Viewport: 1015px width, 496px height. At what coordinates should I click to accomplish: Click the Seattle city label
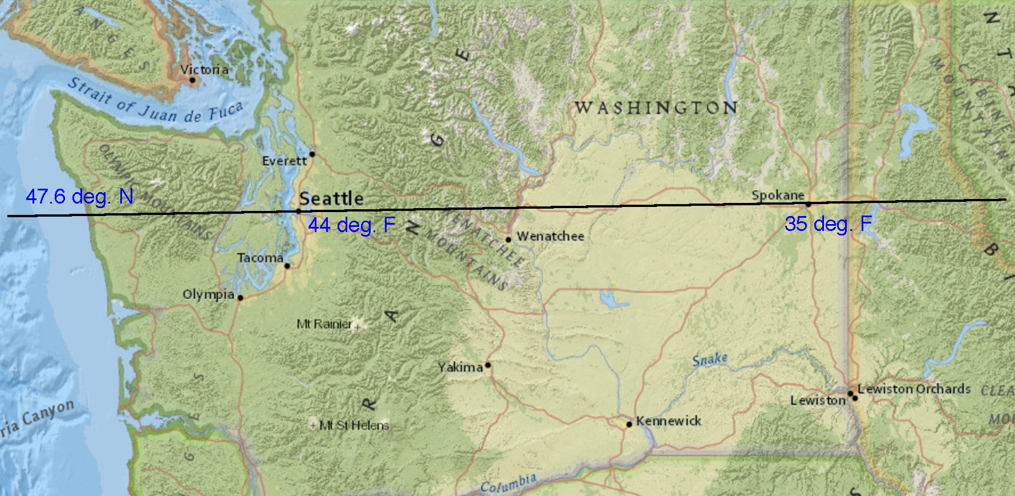(x=331, y=198)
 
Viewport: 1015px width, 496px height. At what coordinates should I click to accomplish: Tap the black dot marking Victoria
(x=192, y=80)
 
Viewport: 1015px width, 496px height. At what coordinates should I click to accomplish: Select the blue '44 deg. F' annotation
(x=351, y=225)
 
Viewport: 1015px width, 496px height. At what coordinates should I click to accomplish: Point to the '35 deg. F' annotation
(x=828, y=223)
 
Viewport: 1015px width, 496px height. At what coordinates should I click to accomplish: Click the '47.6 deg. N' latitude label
(x=79, y=197)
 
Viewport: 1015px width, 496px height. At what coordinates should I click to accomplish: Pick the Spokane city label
(x=777, y=195)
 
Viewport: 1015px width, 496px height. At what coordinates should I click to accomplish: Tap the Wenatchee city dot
(x=508, y=239)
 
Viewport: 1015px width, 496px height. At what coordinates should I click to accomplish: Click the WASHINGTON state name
(x=656, y=108)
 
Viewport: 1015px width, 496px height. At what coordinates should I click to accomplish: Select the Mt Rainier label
(x=324, y=324)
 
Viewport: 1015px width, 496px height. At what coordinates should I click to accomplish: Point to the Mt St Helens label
(x=354, y=425)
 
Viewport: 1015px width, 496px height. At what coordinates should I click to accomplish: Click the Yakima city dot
(x=488, y=365)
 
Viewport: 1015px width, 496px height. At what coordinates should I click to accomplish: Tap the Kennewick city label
(x=668, y=421)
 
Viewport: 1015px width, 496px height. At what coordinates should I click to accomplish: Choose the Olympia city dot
(x=240, y=298)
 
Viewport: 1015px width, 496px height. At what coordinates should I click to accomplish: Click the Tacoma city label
(x=260, y=258)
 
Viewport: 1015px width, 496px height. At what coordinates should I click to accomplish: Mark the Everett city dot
(x=312, y=154)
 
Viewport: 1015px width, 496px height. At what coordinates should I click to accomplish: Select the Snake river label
(x=710, y=359)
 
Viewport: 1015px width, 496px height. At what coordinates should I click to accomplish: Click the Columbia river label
(x=508, y=483)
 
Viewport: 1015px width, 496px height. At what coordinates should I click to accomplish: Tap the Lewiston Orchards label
(x=914, y=389)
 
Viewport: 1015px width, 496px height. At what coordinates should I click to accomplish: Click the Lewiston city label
(x=818, y=401)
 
